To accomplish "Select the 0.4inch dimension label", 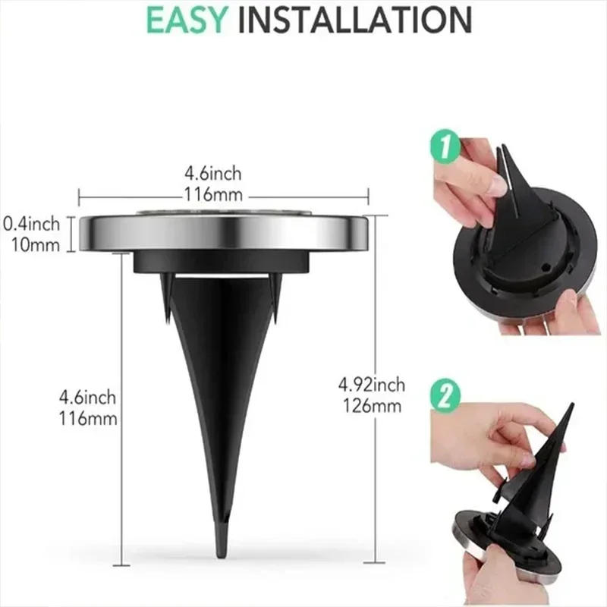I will (x=32, y=224).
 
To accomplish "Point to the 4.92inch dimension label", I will (x=372, y=385).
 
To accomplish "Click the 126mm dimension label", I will (x=372, y=406).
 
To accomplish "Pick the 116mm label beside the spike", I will (x=90, y=417).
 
